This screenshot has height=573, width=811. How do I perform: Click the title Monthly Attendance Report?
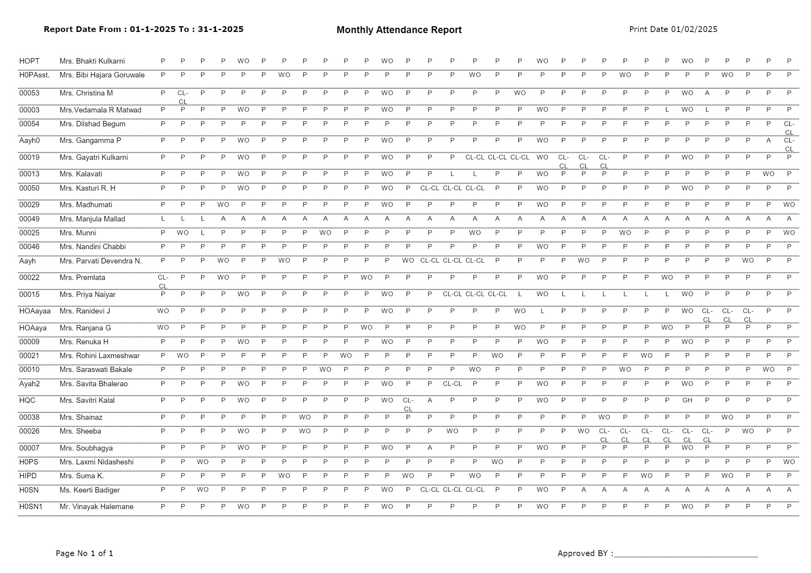tap(399, 30)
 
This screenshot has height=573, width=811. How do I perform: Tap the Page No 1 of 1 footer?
tap(84, 553)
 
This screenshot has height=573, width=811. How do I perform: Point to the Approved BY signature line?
tap(686, 555)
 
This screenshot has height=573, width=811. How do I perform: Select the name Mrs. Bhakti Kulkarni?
tap(92, 61)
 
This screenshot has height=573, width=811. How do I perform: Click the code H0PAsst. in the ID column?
tap(34, 75)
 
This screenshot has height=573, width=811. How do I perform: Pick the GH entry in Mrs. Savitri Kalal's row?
tap(687, 400)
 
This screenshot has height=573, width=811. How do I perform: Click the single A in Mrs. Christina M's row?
tap(707, 93)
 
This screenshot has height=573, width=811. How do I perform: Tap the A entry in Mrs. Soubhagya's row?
tap(429, 448)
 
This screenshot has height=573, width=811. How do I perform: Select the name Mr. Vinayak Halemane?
tap(96, 507)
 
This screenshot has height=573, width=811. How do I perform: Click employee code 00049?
tap(29, 219)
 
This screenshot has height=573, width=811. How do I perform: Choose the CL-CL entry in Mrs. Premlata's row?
tap(163, 281)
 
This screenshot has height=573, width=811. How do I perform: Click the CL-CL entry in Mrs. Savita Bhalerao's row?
tap(452, 384)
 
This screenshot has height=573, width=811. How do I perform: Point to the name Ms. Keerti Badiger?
tap(89, 490)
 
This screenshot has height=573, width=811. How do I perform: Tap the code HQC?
tap(27, 400)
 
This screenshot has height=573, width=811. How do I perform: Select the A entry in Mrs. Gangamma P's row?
tap(768, 141)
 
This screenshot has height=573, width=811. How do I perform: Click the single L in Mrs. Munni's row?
tap(203, 233)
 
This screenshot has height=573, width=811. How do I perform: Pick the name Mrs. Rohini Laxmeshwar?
tap(99, 356)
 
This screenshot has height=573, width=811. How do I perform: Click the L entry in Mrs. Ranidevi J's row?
tap(542, 311)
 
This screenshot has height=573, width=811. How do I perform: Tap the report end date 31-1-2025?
tap(220, 29)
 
